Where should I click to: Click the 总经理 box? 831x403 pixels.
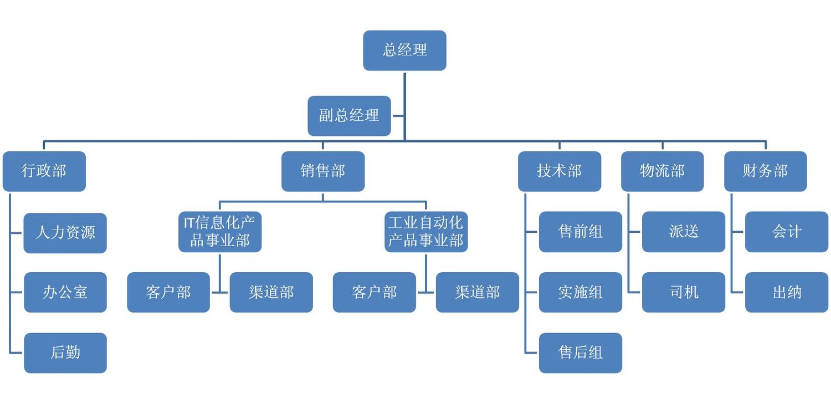(404, 50)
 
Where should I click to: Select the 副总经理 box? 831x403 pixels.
(349, 116)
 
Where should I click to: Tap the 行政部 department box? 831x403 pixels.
(44, 171)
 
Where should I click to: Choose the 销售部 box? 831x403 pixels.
(323, 171)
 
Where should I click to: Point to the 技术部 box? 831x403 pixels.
(560, 171)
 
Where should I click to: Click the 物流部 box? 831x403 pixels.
(662, 171)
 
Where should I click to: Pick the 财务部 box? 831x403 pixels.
(765, 171)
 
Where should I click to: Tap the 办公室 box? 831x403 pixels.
(65, 292)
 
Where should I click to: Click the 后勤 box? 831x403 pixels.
(65, 353)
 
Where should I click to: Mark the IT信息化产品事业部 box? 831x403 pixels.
(220, 232)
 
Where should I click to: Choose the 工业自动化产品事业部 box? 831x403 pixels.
(426, 232)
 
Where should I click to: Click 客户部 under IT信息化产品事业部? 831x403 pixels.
(168, 292)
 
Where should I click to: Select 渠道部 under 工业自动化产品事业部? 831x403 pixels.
(477, 292)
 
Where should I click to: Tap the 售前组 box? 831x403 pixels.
(580, 232)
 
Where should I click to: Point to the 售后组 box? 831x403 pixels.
(580, 353)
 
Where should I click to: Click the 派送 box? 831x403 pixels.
(683, 232)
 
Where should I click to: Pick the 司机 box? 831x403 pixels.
(683, 292)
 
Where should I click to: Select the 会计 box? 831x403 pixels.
(786, 232)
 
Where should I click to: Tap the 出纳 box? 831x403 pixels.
(786, 292)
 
